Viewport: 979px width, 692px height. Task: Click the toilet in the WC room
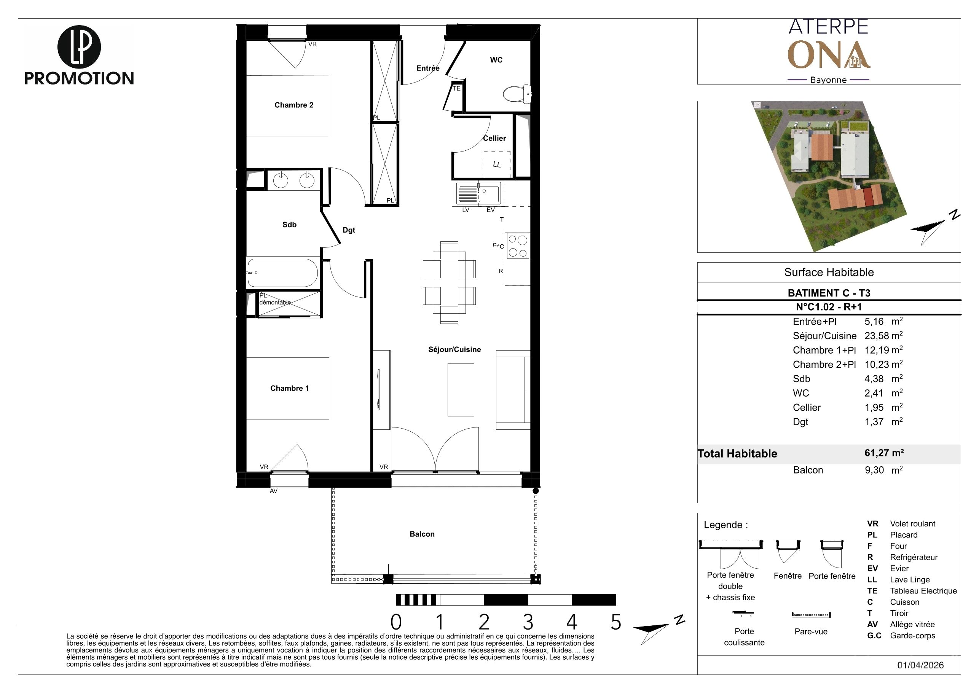517,94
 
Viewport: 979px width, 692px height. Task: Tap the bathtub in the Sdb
282,273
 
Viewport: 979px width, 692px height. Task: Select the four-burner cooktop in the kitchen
518,246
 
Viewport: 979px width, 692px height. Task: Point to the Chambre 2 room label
294,105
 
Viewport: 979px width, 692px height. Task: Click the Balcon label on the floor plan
422,534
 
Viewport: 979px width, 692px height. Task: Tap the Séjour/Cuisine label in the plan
454,349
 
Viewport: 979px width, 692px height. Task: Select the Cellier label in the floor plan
494,138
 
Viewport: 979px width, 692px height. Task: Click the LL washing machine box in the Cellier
497,164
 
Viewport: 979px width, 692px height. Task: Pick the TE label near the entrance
457,89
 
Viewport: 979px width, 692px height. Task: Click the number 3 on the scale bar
528,622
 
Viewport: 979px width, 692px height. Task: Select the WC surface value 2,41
874,393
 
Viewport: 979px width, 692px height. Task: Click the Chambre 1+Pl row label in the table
824,350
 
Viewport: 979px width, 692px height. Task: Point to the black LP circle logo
79,47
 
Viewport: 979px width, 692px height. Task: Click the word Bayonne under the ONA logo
829,80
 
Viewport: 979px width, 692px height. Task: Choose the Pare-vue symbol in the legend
811,615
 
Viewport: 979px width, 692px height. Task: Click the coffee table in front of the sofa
461,389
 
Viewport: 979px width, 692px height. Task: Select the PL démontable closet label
275,299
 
